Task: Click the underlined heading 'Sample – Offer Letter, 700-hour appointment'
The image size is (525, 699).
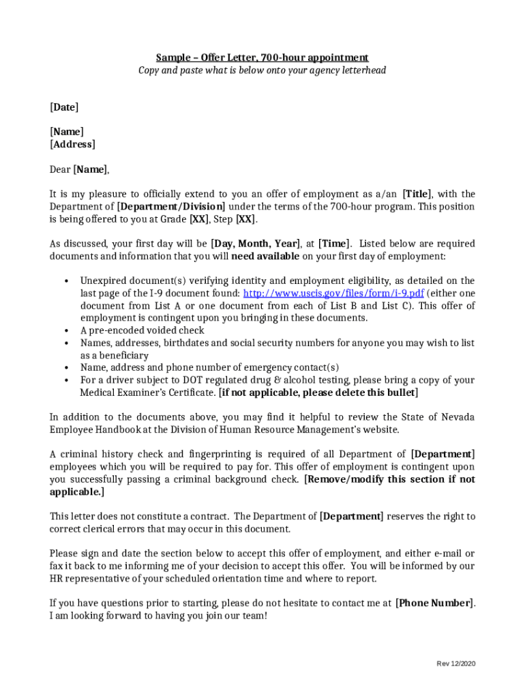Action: [262, 57]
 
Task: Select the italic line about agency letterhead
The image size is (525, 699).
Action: [262, 70]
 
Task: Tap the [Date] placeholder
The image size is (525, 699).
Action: [64, 107]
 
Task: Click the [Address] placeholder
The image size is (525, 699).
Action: [72, 144]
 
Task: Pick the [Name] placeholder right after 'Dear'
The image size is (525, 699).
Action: [91, 169]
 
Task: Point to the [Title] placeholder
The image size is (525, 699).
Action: [417, 194]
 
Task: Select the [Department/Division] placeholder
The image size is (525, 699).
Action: [171, 207]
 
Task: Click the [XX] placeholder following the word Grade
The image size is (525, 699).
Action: [199, 219]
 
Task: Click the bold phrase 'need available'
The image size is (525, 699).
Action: [265, 256]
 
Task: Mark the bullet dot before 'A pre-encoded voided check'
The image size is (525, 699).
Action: [66, 331]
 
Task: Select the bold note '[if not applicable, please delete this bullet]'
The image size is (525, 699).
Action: [318, 393]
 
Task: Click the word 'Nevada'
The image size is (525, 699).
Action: [458, 417]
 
